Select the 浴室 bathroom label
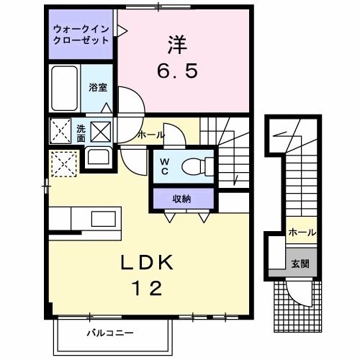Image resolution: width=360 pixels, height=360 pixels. click(97, 87)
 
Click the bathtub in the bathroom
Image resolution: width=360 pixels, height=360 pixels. click(65, 87)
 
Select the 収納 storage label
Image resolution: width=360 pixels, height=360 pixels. click(181, 197)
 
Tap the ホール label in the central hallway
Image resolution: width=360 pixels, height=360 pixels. click(150, 135)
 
